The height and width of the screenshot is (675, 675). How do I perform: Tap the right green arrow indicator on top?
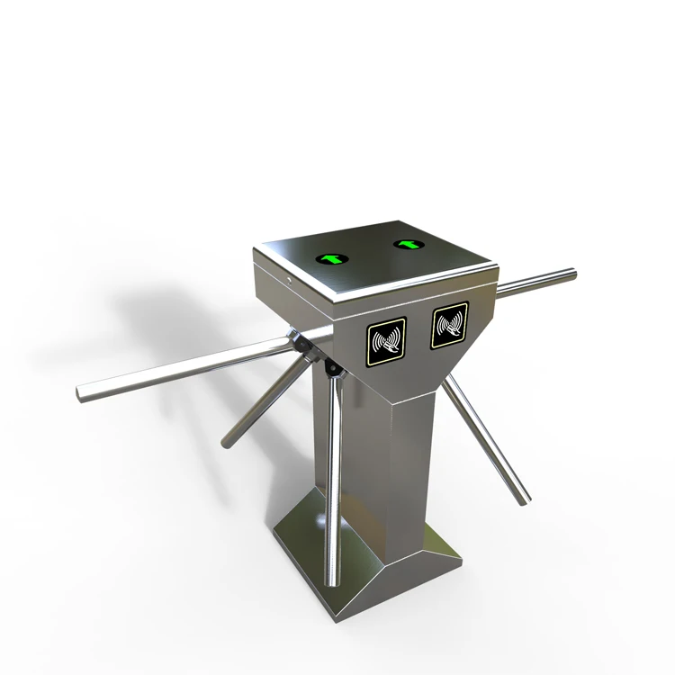pos(409,243)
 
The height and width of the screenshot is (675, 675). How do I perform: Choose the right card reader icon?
pos(449,324)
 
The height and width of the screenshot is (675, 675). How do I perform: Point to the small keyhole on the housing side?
pos(290,279)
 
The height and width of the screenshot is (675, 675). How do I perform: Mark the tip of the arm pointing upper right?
pos(571,273)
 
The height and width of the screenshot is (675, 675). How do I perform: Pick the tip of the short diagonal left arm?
pos(226,443)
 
